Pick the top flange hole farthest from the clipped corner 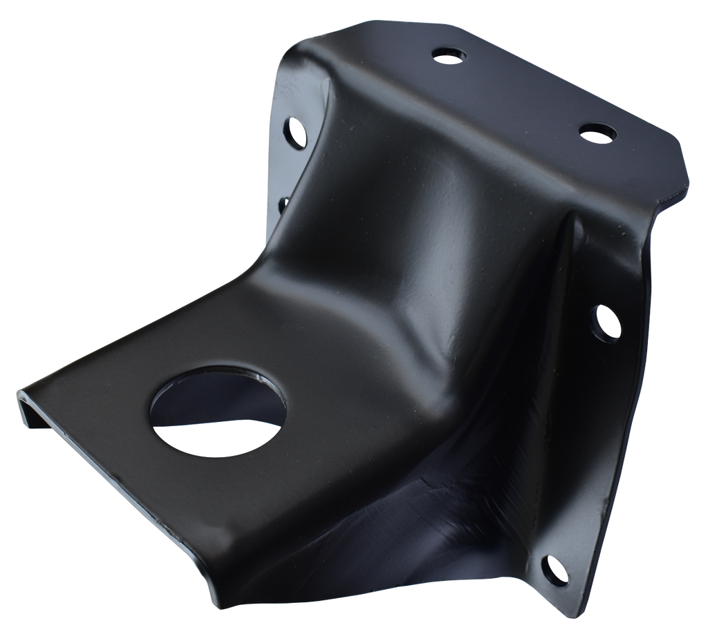tap(451, 55)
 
